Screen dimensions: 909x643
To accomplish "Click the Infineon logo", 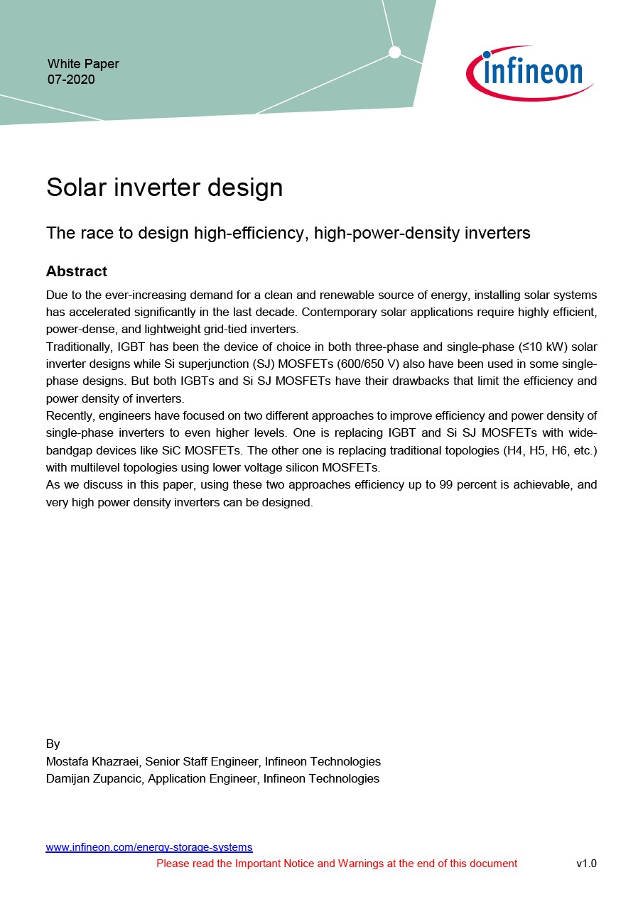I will tap(530, 73).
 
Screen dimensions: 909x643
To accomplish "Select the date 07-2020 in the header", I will tap(71, 80).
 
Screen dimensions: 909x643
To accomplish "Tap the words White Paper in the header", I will tap(83, 64).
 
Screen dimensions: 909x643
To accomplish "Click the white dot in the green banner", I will tap(395, 52).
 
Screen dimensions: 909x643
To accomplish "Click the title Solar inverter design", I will tap(165, 187).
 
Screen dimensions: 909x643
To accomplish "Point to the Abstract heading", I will tap(77, 271).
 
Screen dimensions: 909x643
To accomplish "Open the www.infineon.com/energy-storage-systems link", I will tap(149, 847).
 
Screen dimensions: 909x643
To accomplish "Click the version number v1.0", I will tap(586, 864).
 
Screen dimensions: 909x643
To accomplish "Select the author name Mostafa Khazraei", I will tap(92, 761).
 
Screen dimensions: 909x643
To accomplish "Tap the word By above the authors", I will tap(53, 744).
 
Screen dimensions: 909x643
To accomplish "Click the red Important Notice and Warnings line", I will tap(337, 864).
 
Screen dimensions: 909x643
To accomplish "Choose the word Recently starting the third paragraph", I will tap(68, 415).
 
